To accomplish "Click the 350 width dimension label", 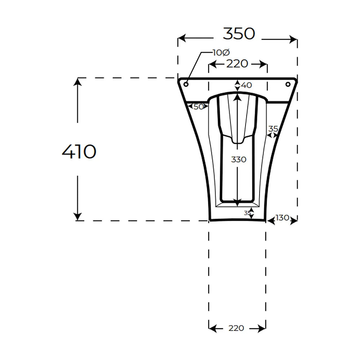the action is coord(239,34).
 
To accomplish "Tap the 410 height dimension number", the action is coord(79,152).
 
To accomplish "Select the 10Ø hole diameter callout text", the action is coord(221,53).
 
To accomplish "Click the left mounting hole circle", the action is coord(186,84).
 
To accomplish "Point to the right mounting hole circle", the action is coord(288,84).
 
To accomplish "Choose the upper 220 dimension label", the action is coord(237,64).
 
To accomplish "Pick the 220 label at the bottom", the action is coord(236,328).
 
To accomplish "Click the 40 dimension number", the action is coord(247,85).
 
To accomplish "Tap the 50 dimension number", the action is coord(199,107).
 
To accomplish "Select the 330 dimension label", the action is coord(239,159).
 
